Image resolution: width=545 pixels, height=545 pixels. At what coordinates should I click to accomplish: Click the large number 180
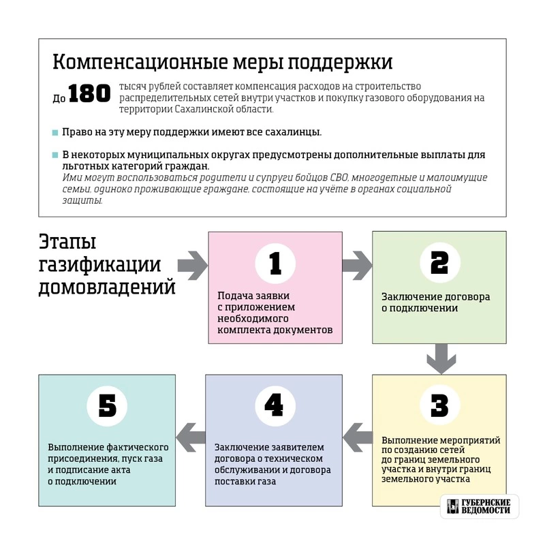(x=89, y=95)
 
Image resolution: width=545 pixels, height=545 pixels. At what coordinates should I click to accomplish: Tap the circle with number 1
(x=275, y=263)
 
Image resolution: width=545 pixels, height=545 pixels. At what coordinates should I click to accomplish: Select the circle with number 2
(x=439, y=263)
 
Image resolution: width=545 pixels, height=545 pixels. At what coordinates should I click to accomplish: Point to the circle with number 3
(x=439, y=406)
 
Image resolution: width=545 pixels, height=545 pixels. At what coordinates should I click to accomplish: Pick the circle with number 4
(x=274, y=406)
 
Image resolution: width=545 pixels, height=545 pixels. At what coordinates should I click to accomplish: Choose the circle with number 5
(x=108, y=406)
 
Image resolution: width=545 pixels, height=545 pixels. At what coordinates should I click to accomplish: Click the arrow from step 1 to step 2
(x=356, y=263)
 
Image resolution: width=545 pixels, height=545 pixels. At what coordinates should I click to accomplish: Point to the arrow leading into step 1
(x=192, y=263)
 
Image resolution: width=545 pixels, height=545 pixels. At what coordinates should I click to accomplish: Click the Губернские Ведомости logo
(x=479, y=506)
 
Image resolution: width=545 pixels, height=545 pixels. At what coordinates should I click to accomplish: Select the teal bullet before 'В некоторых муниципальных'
(x=55, y=155)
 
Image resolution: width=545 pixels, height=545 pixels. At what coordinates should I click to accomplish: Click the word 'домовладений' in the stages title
(x=107, y=287)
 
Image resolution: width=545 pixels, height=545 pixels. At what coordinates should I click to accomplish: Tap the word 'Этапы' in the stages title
(x=67, y=243)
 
